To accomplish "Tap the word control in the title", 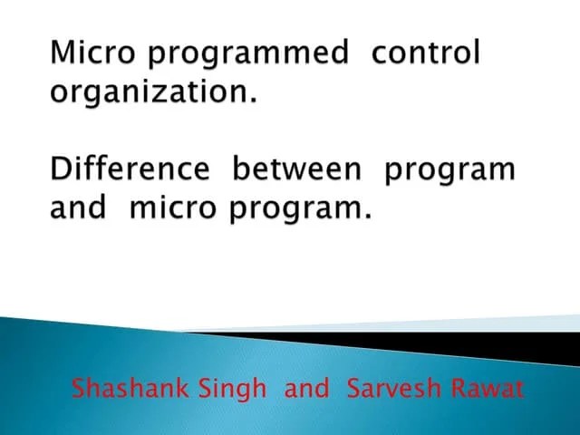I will coord(427,53).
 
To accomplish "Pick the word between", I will coord(300,169).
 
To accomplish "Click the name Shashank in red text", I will coord(126,390).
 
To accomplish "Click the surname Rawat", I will coord(491,390).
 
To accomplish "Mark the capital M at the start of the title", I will coord(63,53).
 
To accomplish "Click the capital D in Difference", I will coord(60,169).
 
